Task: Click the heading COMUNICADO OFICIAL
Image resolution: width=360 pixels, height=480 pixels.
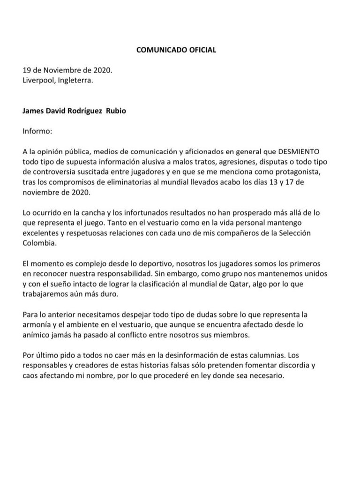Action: [176, 50]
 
